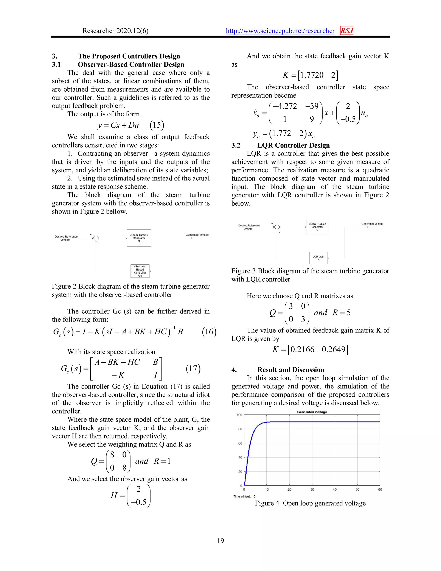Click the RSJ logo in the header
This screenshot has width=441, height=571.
346,31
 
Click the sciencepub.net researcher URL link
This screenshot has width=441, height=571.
280,31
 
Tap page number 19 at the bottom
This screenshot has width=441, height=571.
220,541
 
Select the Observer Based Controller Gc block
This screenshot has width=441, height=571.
140,271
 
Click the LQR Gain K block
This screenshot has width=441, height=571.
318,258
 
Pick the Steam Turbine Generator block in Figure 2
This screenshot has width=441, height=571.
139,238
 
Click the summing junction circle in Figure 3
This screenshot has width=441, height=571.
277,227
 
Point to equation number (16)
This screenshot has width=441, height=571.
209,332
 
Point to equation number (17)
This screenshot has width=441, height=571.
193,368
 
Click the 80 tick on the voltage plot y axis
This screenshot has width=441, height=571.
240,429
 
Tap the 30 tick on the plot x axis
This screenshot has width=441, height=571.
312,489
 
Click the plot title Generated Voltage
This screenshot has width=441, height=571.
312,412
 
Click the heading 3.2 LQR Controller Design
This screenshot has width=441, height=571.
280,145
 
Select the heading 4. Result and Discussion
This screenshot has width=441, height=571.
278,370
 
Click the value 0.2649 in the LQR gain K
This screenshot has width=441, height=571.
333,349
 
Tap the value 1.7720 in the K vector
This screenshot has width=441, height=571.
312,75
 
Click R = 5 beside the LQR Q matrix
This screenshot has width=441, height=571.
342,313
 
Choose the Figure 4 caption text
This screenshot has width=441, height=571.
310,503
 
